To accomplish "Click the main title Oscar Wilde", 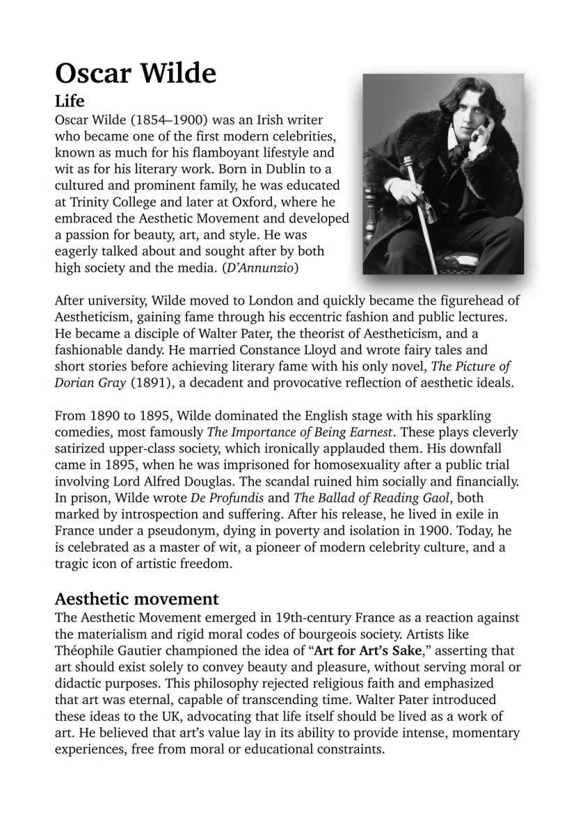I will [136, 73].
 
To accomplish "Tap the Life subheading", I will [70, 101].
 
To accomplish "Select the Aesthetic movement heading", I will [136, 599].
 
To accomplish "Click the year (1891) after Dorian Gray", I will [147, 382].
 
